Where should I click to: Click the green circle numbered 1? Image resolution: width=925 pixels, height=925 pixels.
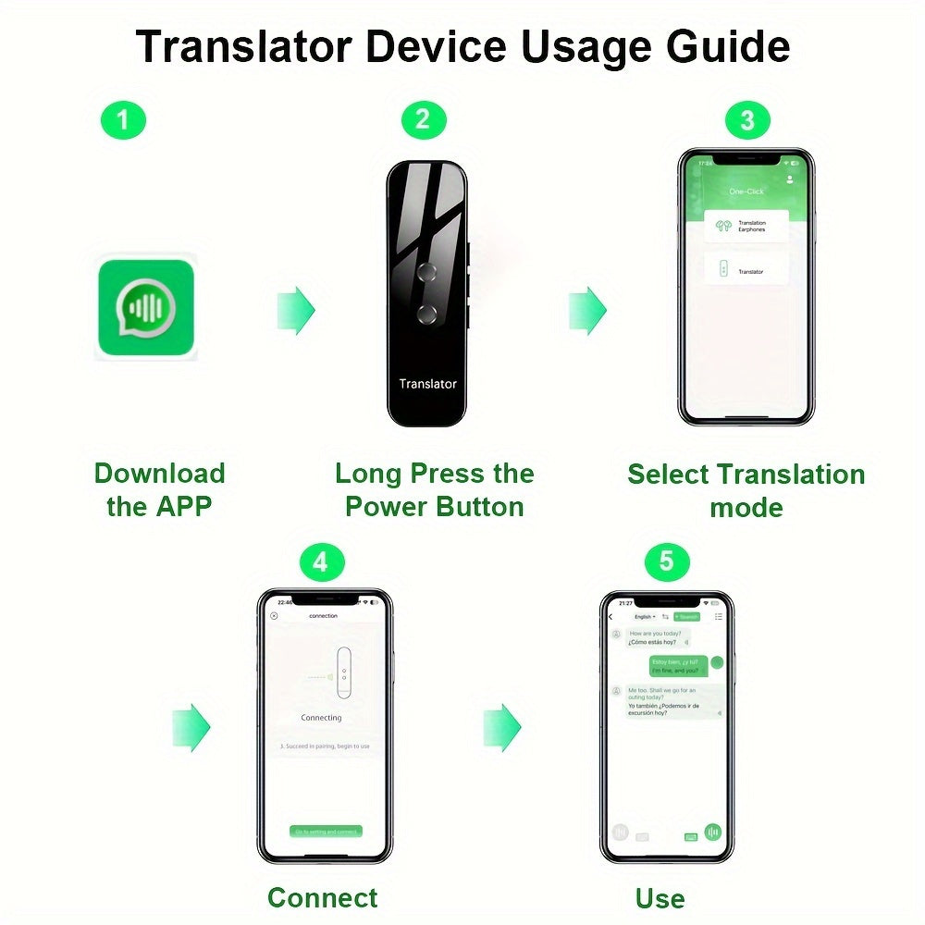123,120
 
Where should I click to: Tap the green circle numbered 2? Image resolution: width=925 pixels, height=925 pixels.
423,120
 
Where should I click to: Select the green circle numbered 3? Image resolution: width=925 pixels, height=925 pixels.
747,120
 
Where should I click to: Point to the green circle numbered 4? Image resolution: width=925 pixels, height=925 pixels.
321,563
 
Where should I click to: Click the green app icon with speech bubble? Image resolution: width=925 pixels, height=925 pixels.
146,308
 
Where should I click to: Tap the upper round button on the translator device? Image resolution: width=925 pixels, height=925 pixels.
426,271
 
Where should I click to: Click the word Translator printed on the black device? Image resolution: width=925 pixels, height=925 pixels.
427,384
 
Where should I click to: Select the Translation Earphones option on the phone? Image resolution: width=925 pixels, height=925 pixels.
746,226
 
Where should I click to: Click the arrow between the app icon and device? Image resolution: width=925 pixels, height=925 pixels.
296,310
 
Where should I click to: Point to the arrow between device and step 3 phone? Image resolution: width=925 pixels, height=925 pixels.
587,310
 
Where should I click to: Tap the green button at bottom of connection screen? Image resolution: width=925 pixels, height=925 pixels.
326,832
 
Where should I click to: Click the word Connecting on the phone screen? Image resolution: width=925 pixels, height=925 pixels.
321,718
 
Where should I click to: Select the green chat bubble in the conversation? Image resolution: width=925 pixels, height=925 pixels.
678,666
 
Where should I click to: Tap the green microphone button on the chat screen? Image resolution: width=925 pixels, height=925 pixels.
713,832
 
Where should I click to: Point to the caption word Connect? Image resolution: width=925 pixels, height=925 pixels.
322,897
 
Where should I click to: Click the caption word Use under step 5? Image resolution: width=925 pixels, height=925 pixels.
660,897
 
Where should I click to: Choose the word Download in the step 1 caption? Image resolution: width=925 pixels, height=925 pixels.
159,474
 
